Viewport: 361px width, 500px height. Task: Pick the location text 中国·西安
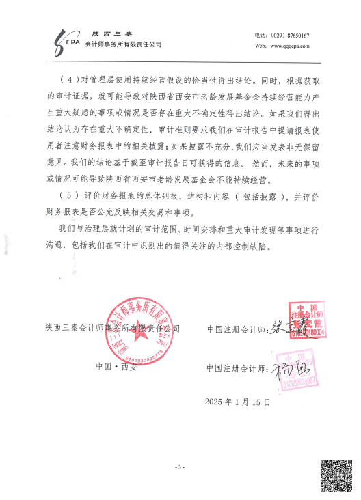(117, 366)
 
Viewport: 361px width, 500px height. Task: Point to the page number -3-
(180, 467)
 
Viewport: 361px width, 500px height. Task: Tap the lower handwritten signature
(280, 372)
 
